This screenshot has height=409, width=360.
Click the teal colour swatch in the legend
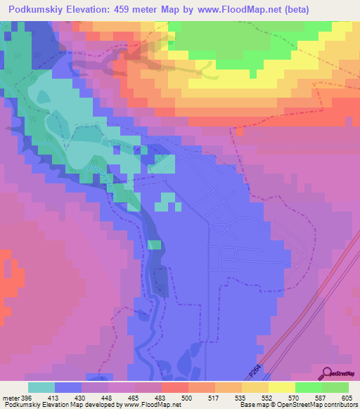tap(41, 387)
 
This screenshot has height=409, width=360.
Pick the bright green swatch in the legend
tap(307, 387)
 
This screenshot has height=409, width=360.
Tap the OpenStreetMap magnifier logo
tap(327, 374)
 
